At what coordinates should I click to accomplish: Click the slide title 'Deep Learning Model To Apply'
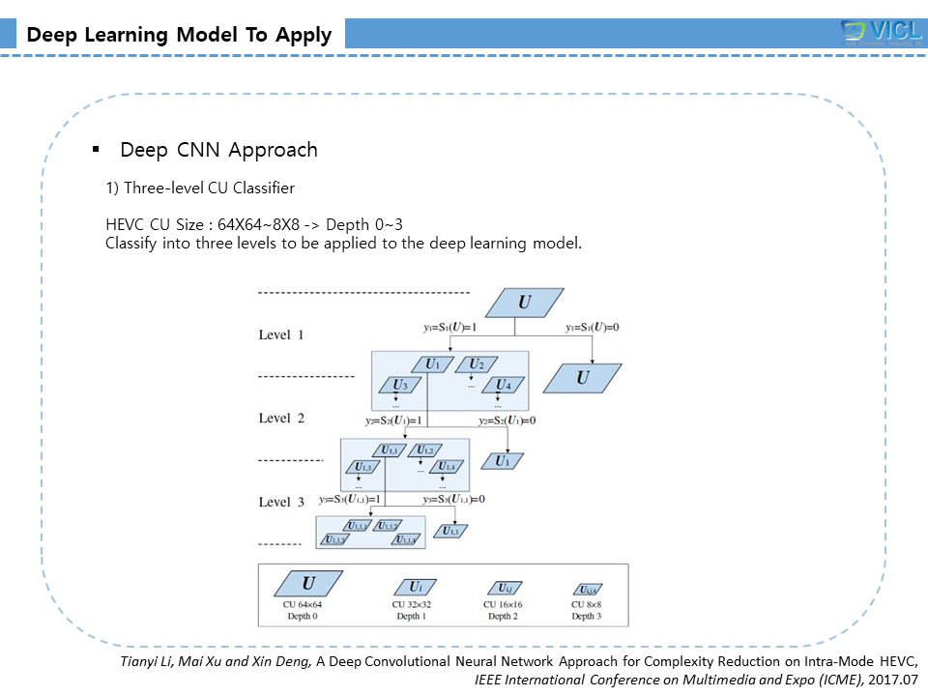pos(179,36)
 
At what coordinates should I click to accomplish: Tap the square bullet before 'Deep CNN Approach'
pos(96,150)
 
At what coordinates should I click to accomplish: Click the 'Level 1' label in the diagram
pos(281,334)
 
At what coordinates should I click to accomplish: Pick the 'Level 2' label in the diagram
pos(281,418)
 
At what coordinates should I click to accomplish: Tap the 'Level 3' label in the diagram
pos(281,502)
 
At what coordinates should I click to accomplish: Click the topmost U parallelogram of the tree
pos(524,303)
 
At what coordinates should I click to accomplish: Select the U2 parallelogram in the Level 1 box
pos(476,364)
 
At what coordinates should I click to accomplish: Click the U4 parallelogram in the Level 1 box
pos(502,385)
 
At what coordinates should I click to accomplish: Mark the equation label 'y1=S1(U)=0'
pos(592,327)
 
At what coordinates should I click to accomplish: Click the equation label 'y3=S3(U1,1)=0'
pos(453,499)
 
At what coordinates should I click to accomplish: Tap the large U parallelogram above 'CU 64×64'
pos(308,583)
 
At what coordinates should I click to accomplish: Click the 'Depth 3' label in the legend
pos(587,616)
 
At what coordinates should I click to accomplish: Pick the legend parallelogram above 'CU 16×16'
pos(504,588)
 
